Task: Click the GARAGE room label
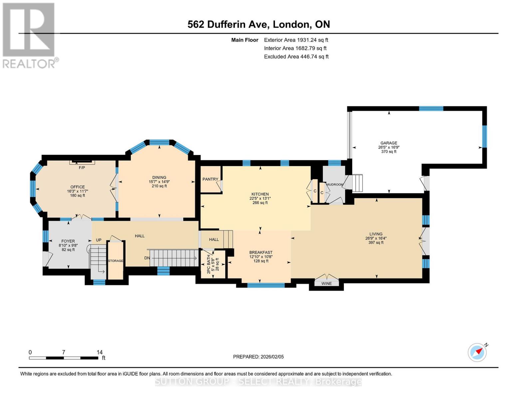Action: click(388, 143)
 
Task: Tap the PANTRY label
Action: click(210, 179)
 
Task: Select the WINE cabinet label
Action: click(327, 284)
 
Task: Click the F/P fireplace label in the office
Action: click(82, 168)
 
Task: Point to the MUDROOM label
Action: click(335, 185)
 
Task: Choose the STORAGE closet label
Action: click(116, 261)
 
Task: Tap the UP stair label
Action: click(99, 240)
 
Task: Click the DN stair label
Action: click(147, 258)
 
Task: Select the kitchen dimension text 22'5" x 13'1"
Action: click(260, 198)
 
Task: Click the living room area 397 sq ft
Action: click(376, 243)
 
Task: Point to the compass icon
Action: click(477, 352)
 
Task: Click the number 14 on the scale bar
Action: click(100, 352)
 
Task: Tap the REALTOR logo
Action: click(29, 35)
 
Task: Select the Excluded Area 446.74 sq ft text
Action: click(296, 57)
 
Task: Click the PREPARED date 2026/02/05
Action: click(258, 357)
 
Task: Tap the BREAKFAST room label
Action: click(261, 252)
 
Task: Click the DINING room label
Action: click(159, 178)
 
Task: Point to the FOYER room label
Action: click(68, 241)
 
